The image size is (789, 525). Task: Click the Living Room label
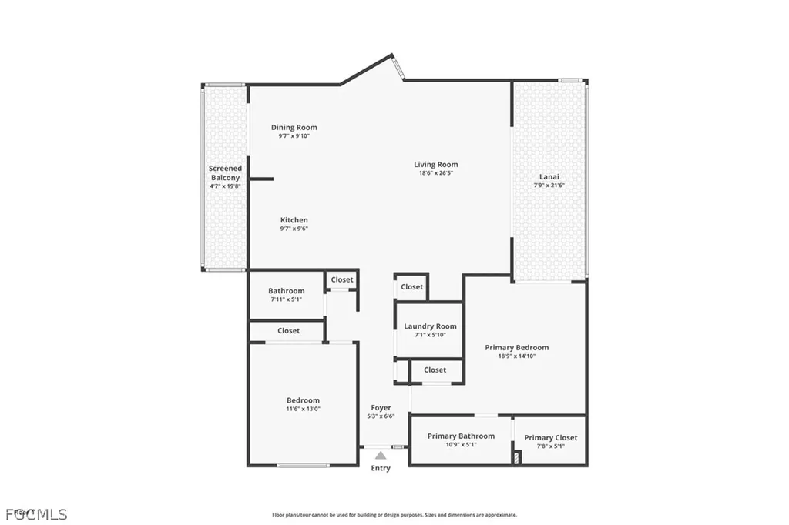pos(436,164)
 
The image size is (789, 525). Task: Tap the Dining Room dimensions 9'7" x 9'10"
pos(294,136)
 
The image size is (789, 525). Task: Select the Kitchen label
pos(294,220)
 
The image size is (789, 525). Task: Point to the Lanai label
pos(549,176)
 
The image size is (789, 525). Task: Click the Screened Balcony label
pos(225,172)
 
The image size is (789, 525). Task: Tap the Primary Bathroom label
pos(461,436)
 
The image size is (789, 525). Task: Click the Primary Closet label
pos(550,437)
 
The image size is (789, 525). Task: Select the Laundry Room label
pos(430,326)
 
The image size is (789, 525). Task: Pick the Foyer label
pos(381,407)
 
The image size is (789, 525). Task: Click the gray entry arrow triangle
pos(381,456)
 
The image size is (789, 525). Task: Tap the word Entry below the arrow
pos(381,468)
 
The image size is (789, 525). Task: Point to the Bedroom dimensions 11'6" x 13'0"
pos(303,409)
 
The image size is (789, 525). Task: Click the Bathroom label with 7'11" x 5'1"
pos(286,291)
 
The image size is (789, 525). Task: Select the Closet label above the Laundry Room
pos(411,286)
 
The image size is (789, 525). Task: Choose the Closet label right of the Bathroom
pos(342,279)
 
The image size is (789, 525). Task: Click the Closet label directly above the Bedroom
pos(288,330)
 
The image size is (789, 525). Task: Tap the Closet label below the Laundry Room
pos(435,370)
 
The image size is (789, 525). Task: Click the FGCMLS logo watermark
pos(36,513)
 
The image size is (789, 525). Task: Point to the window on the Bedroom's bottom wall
pos(304,465)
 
